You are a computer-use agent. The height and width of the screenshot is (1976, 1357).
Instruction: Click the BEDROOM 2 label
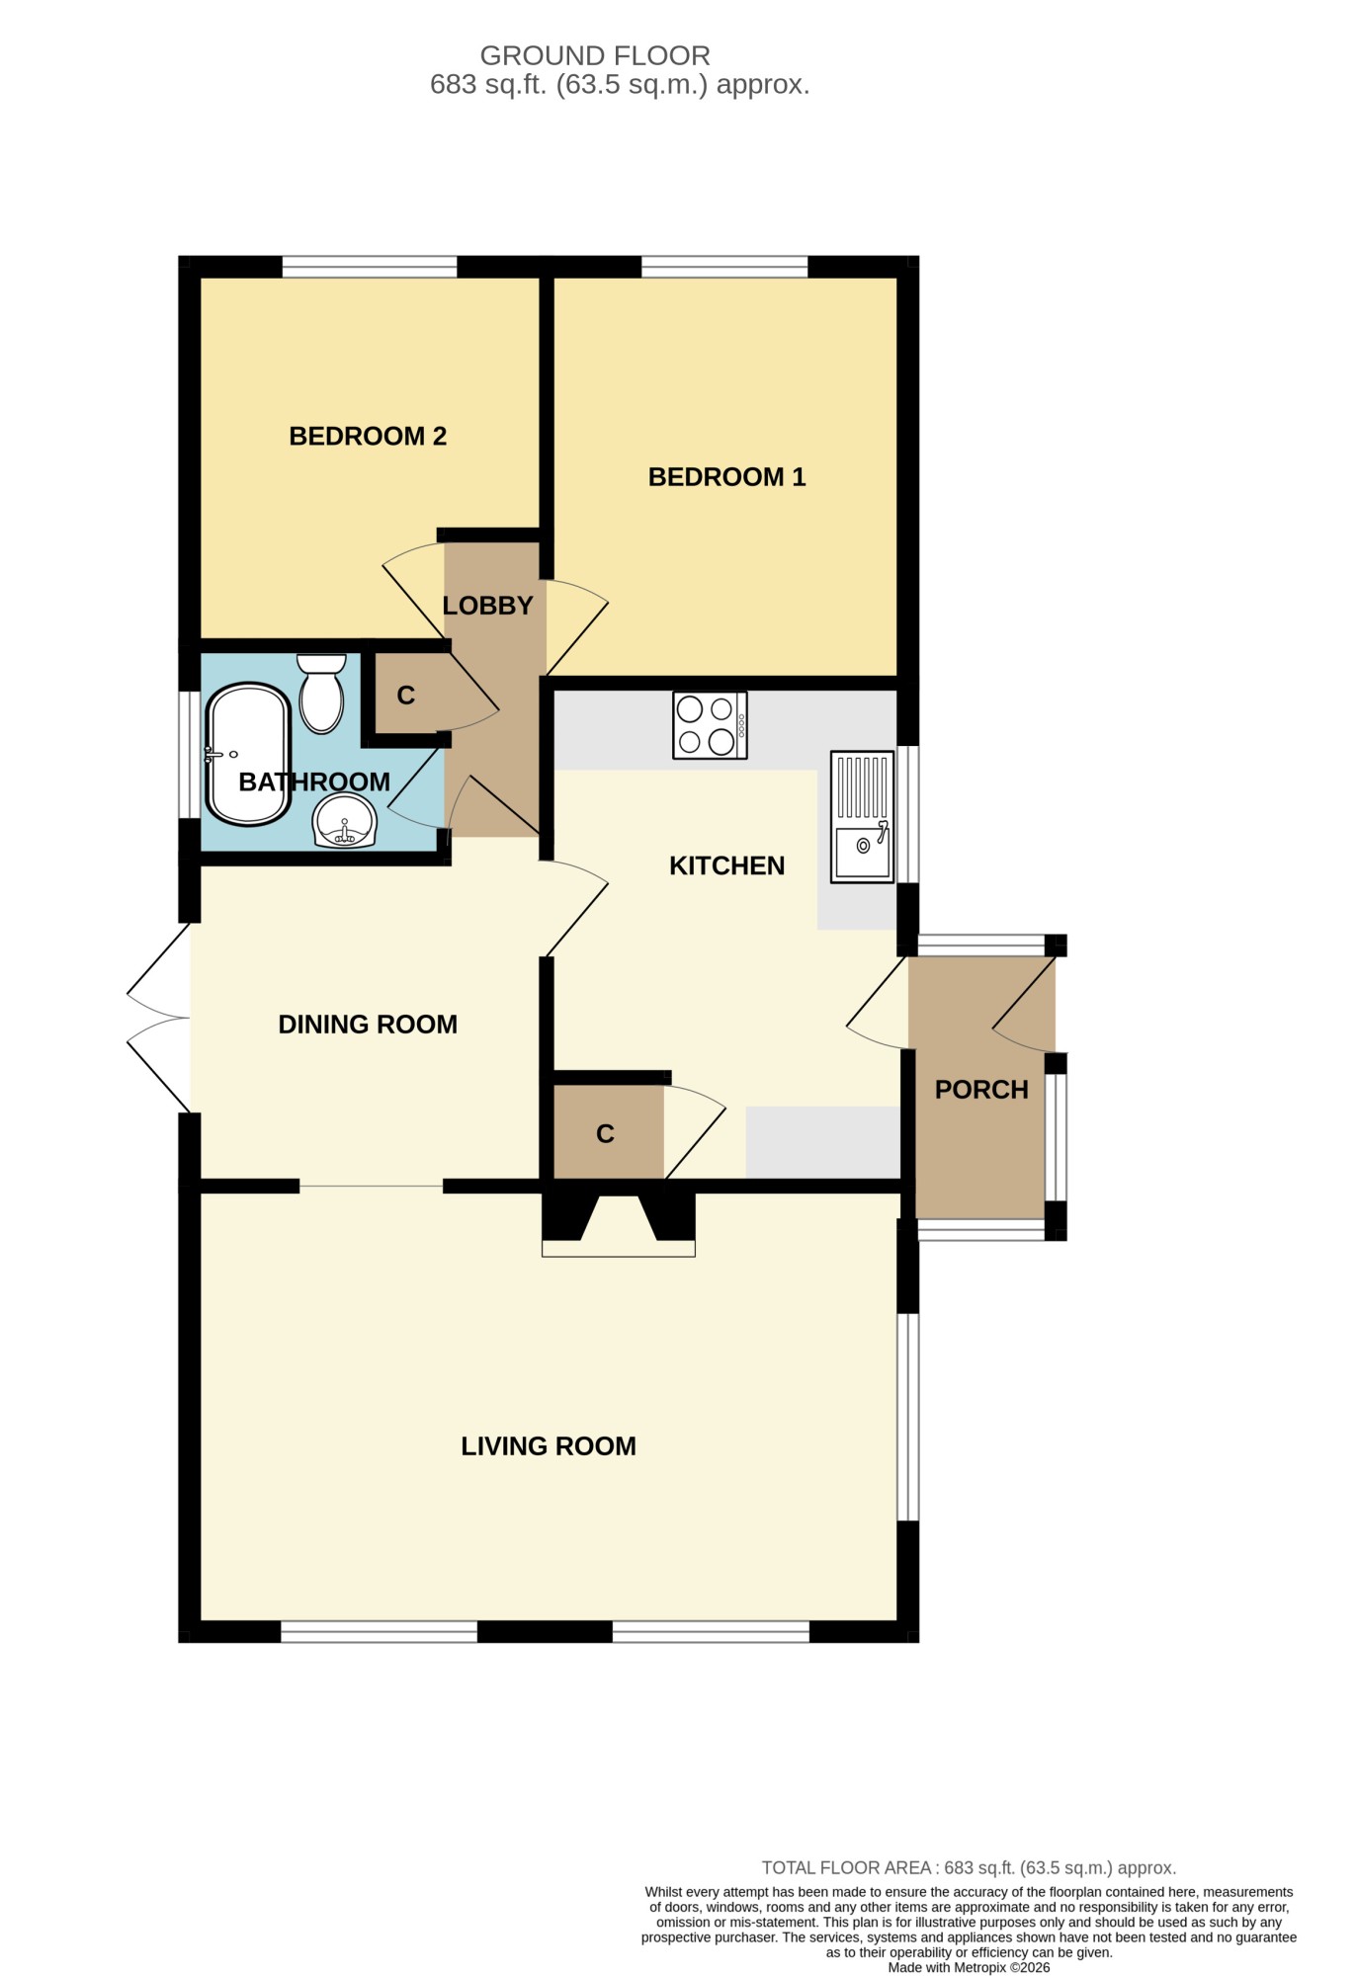coord(368,436)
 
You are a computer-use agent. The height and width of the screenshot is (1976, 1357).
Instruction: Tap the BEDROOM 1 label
coord(726,477)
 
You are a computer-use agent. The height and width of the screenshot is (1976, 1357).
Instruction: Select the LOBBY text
coord(487,606)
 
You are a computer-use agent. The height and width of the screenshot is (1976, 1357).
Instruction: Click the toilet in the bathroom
coord(321,694)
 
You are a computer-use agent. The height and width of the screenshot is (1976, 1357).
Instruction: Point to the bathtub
coord(247,755)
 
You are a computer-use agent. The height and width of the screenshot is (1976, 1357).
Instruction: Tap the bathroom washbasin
coord(345,820)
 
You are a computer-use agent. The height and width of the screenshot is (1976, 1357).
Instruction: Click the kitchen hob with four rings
coord(710,725)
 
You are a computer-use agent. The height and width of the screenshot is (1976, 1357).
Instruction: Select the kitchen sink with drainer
coord(862,817)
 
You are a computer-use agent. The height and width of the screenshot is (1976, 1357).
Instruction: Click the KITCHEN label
coord(726,865)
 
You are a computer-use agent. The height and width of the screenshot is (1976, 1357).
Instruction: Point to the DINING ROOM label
coord(368,1025)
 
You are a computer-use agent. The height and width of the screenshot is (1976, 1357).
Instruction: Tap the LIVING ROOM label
coord(549,1446)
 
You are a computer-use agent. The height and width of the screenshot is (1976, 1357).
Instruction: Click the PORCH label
coord(981,1090)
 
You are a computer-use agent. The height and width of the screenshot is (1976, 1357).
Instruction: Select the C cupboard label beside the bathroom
coord(405,696)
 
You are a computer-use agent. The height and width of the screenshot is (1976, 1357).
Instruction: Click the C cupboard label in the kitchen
coord(606,1134)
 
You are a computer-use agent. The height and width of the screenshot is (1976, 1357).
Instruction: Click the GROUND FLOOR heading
coord(595,55)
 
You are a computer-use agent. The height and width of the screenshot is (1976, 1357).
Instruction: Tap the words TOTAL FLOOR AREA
coord(846,1868)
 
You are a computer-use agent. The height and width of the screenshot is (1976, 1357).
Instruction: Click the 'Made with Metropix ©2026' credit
coord(969,1968)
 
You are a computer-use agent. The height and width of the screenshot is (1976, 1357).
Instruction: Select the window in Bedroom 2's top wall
coord(370,267)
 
